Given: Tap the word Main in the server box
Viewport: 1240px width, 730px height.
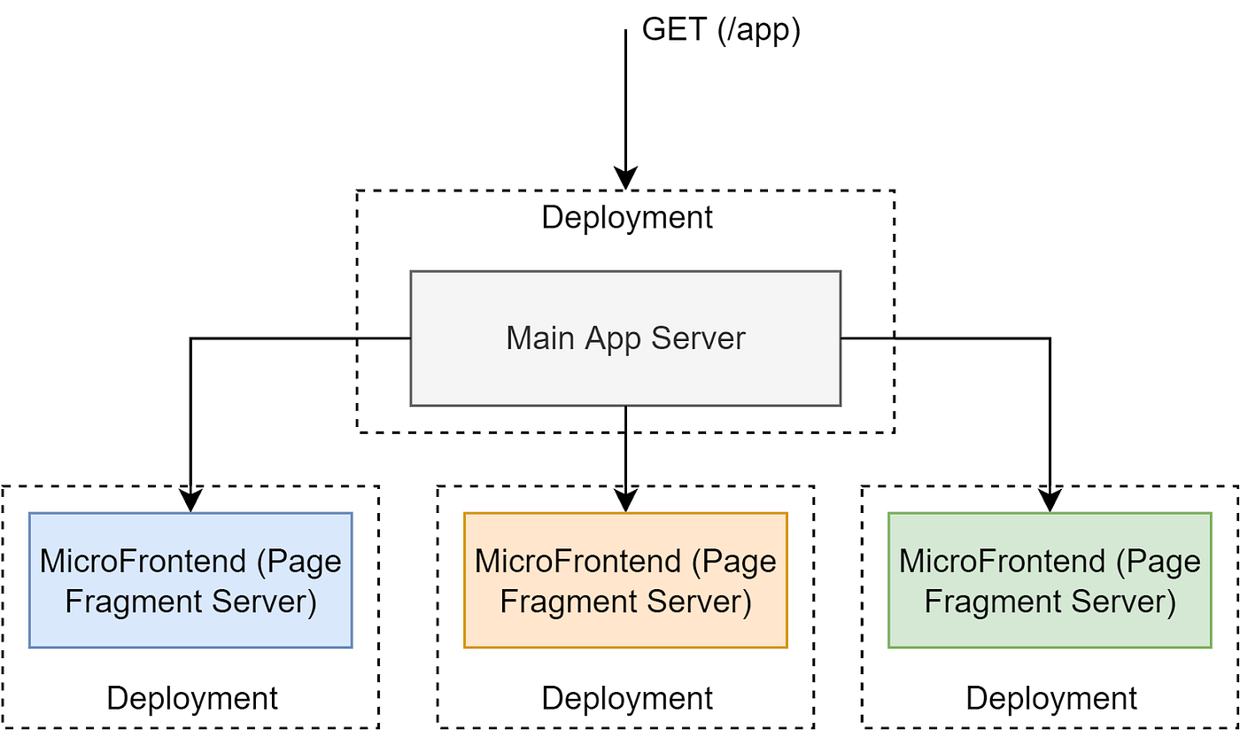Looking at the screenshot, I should [540, 338].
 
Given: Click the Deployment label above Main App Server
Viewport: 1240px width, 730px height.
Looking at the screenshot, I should [627, 217].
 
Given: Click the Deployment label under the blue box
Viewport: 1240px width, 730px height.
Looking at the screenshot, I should [192, 698].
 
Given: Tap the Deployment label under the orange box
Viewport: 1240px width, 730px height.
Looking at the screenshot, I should [627, 698].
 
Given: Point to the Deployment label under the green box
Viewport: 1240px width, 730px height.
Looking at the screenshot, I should [1051, 698].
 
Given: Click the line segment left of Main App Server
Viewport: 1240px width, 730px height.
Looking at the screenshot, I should [384, 338].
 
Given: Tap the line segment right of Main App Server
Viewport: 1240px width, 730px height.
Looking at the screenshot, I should [868, 338].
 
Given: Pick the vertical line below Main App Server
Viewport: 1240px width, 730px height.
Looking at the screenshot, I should [626, 420].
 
